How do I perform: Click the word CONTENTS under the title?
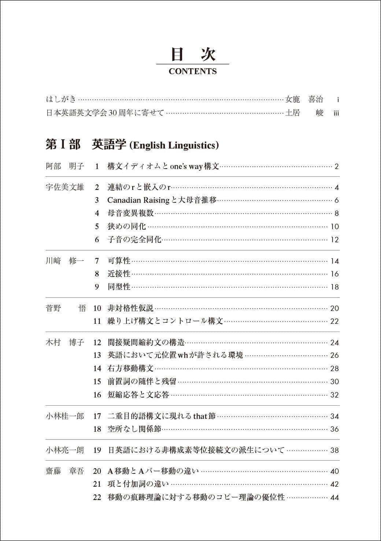coord(192,72)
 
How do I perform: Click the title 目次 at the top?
coord(193,54)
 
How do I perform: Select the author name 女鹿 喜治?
coord(304,99)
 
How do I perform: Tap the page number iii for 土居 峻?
coord(336,113)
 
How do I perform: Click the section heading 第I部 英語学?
coord(132,145)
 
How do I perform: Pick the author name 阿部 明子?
coord(64,166)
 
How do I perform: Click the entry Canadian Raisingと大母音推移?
coord(162,200)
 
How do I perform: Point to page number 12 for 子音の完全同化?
coord(334,240)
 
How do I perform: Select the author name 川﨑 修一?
coord(64,261)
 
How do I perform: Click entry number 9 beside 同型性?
coord(97,287)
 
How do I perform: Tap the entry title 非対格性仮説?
coord(130,308)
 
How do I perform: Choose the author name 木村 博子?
coord(64,343)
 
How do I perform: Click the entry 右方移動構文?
coord(130,368)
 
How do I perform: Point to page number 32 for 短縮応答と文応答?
coord(334,395)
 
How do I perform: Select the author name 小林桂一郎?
coord(64,416)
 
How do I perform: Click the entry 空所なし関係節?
coord(134,429)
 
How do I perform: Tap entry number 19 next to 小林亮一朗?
coord(97,450)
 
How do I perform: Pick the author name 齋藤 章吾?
coord(64,471)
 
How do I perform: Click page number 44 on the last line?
coord(334,498)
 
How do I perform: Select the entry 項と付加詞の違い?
coord(138,484)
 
